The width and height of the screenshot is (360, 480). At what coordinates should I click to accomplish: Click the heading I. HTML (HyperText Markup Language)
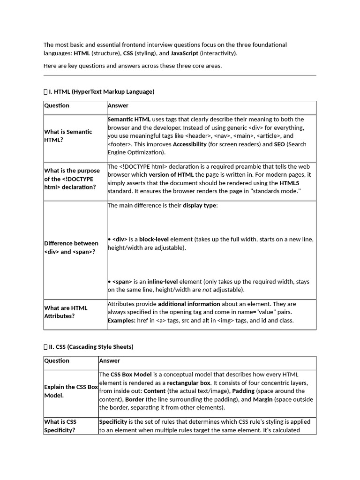pyautogui.click(x=101, y=91)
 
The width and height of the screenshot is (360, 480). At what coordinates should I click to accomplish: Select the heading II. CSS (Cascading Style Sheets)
pyautogui.click(x=91, y=347)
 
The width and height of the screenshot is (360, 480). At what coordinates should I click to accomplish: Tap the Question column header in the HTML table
pyautogui.click(x=57, y=105)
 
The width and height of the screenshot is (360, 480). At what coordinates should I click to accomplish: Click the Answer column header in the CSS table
pyautogui.click(x=109, y=360)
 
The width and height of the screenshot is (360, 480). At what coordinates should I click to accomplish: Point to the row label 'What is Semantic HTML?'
pyautogui.click(x=68, y=136)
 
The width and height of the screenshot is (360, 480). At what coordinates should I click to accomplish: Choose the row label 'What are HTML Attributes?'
pyautogui.click(x=66, y=312)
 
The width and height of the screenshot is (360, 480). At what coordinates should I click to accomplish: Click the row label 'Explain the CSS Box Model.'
pyautogui.click(x=71, y=391)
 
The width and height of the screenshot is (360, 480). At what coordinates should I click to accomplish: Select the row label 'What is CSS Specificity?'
pyautogui.click(x=60, y=426)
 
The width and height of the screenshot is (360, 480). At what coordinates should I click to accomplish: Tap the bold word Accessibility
pyautogui.click(x=189, y=144)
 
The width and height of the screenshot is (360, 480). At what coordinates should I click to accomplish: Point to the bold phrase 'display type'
pyautogui.click(x=199, y=205)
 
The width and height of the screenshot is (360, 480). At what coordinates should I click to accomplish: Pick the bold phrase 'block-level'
pyautogui.click(x=154, y=239)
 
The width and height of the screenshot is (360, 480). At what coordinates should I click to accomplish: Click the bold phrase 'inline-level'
pyautogui.click(x=163, y=282)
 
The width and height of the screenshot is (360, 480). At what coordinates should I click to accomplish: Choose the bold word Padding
pyautogui.click(x=243, y=391)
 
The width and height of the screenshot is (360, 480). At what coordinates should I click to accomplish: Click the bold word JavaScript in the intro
pyautogui.click(x=184, y=53)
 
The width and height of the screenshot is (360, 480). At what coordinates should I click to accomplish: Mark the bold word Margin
pyautogui.click(x=262, y=399)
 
